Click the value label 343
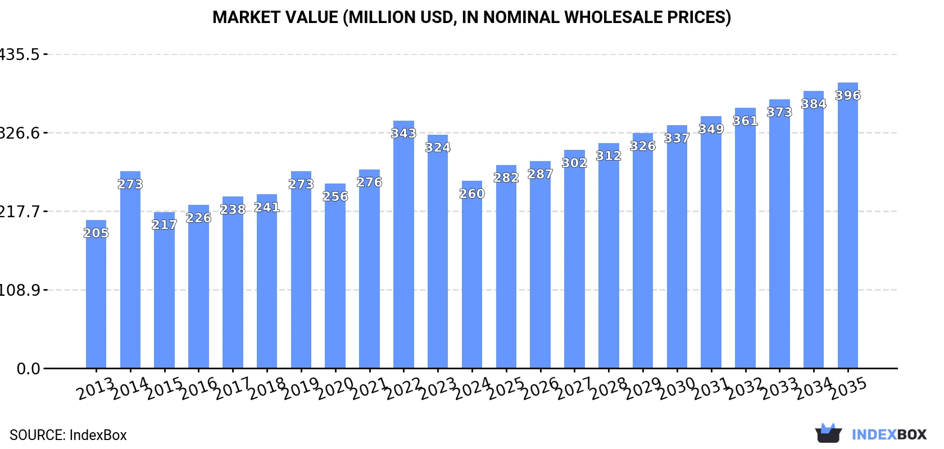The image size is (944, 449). (403, 134)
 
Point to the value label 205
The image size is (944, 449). (96, 233)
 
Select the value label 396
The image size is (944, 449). (847, 95)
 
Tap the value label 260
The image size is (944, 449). (472, 194)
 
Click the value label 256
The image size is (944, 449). (335, 196)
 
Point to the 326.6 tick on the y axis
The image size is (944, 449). (20, 133)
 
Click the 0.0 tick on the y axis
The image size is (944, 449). (28, 369)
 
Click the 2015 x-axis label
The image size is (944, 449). (164, 388)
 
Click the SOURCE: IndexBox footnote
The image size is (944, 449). (68, 435)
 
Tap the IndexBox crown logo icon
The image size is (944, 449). (828, 433)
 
